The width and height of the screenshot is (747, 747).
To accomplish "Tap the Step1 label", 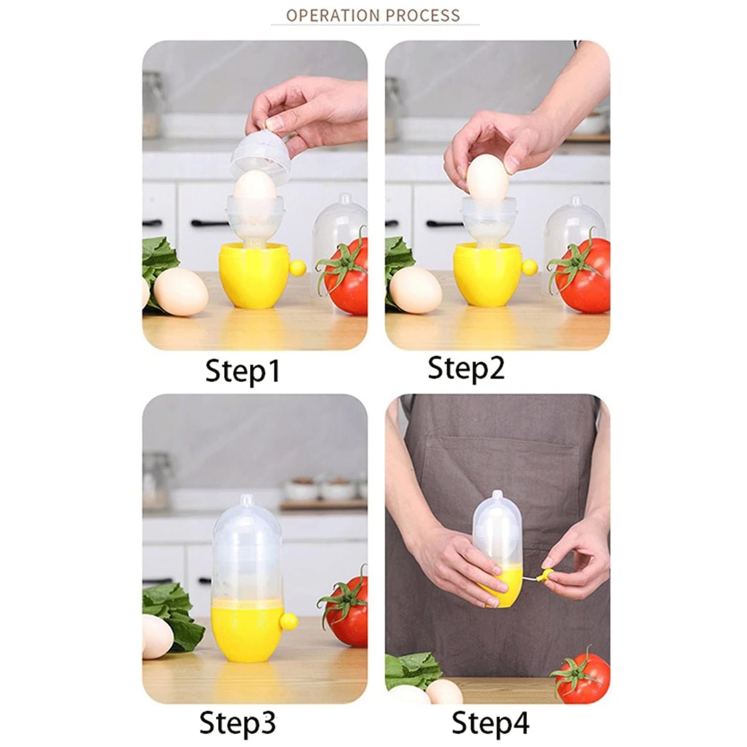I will [243, 371].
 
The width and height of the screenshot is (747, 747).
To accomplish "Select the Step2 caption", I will [466, 369].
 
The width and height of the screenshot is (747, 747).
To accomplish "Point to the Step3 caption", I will [237, 723].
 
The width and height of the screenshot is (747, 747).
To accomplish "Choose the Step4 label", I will [490, 723].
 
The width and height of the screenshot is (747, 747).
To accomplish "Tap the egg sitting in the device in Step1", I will [255, 188].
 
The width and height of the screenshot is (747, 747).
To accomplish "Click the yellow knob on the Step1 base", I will [297, 268].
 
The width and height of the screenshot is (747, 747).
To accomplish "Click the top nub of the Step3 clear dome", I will [247, 499].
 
